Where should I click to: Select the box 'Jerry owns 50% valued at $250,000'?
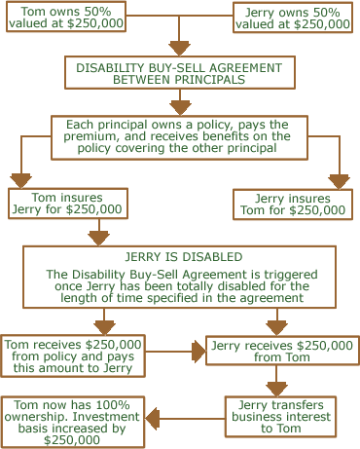click(294, 18)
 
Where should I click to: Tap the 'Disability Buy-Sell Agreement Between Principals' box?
click(179, 74)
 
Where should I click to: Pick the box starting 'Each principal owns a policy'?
click(179, 137)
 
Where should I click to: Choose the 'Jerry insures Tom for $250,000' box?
click(295, 204)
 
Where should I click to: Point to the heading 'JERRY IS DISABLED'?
click(179, 257)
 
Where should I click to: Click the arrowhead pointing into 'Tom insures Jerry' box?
click(21, 180)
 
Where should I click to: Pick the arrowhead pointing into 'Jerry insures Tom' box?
click(338, 180)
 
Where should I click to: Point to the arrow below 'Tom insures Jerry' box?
click(98, 234)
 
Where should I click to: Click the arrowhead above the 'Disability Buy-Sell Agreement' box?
click(179, 47)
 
